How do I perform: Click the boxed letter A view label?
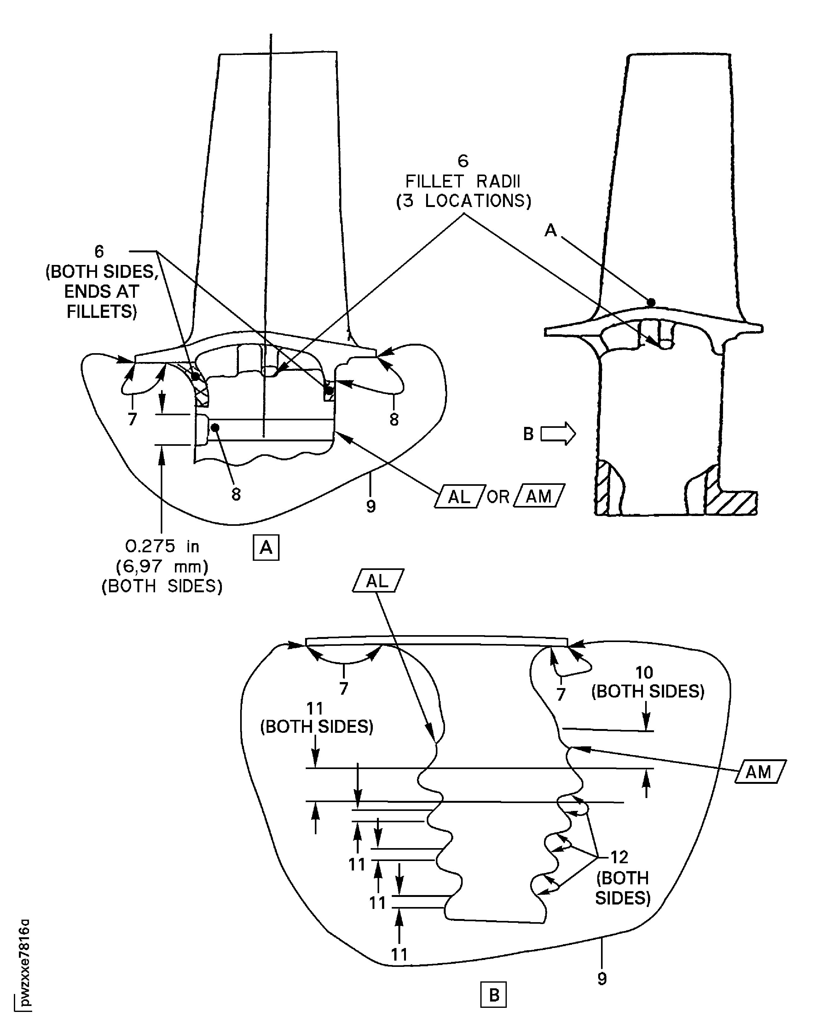click(266, 547)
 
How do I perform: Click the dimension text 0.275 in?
click(162, 546)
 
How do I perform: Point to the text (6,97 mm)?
click(162, 566)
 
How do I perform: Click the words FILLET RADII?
click(463, 181)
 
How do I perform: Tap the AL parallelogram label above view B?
click(378, 581)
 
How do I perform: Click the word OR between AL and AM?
click(498, 497)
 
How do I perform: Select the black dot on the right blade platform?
click(651, 302)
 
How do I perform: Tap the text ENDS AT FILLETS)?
click(101, 302)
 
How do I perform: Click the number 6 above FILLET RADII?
click(463, 161)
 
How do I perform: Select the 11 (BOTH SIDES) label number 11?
click(315, 709)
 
